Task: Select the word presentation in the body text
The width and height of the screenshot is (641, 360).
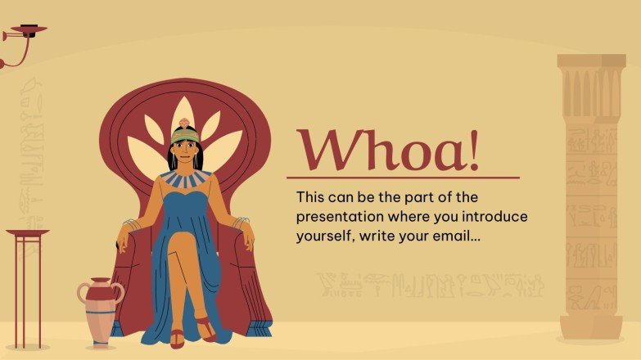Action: tap(342, 217)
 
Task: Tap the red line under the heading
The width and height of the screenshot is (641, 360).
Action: tap(403, 177)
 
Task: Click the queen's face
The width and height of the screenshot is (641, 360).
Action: tap(187, 151)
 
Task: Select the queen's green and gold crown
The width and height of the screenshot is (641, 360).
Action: tap(186, 133)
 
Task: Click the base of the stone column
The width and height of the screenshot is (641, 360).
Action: tap(590, 326)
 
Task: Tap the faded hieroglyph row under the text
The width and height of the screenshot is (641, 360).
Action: tap(429, 284)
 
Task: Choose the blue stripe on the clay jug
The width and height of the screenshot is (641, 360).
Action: tap(99, 313)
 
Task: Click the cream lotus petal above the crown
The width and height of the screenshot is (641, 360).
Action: tap(185, 112)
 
